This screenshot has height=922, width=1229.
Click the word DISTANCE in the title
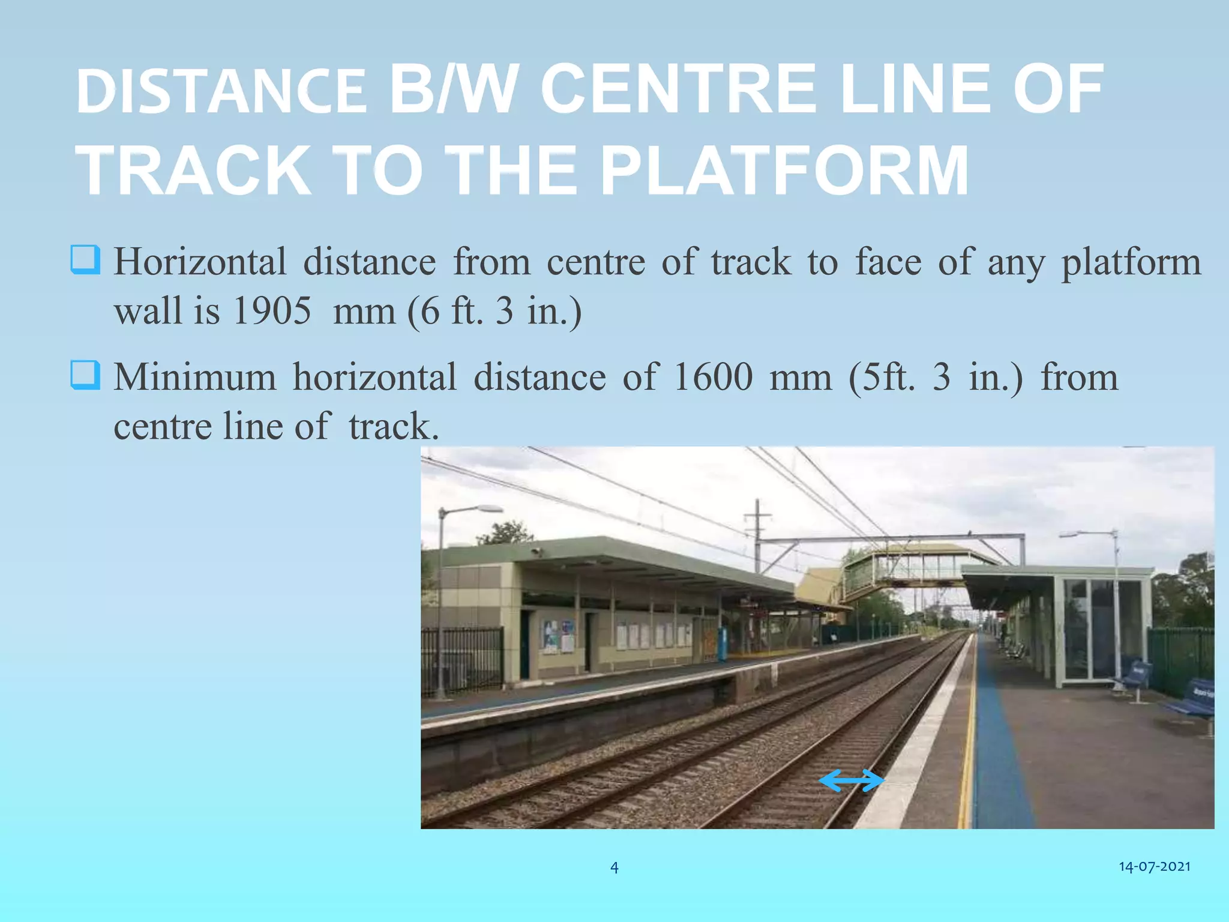(221, 91)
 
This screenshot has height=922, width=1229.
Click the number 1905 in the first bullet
(272, 311)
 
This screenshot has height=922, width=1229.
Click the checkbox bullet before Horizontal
(85, 259)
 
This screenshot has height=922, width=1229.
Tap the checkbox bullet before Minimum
(85, 375)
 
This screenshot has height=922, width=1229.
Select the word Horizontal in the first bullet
(200, 262)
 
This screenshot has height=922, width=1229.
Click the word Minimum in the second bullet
(195, 378)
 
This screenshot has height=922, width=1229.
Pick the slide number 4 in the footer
(614, 867)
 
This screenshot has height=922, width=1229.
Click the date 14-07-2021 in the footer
(1154, 866)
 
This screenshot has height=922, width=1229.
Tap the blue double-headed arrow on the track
(852, 780)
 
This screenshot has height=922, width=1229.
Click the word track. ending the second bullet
(394, 427)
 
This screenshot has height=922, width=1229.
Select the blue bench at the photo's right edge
(1194, 699)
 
